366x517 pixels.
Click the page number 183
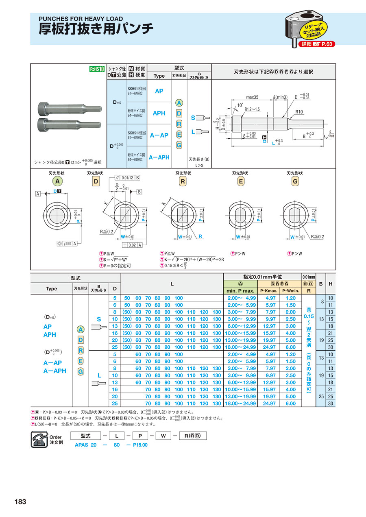pyautogui.click(x=20, y=502)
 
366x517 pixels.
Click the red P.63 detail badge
pyautogui.click(x=317, y=44)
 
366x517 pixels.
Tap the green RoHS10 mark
pyautogui.click(x=97, y=69)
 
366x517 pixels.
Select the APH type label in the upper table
pyautogui.click(x=159, y=113)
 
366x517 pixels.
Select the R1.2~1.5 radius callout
pyautogui.click(x=253, y=109)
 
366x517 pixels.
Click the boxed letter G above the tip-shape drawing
pyautogui.click(x=295, y=181)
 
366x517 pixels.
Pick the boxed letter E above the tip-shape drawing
pyautogui.click(x=241, y=181)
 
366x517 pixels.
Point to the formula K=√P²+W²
pyautogui.click(x=116, y=260)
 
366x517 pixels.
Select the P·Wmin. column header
pyautogui.click(x=290, y=291)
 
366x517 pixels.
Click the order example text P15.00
pyautogui.click(x=140, y=445)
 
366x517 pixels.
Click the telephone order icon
pyautogui.click(x=39, y=440)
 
